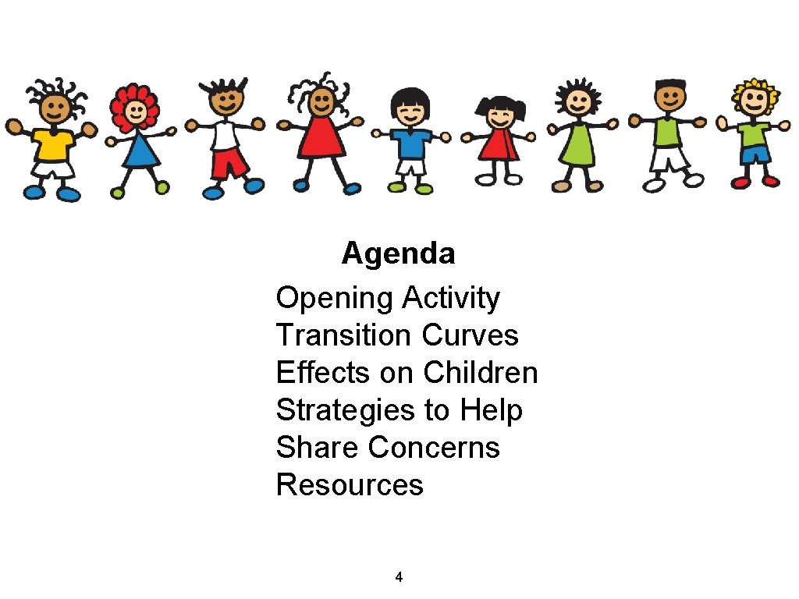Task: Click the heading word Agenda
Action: pyautogui.click(x=398, y=253)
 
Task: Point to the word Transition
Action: pyautogui.click(x=343, y=335)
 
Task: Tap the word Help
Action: pyautogui.click(x=491, y=410)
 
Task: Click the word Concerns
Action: pyautogui.click(x=434, y=448)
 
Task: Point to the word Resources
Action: pyautogui.click(x=350, y=485)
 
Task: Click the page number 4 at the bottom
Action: pyautogui.click(x=399, y=578)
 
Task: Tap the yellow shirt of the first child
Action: pyautogui.click(x=53, y=144)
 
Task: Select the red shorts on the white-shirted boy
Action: pyautogui.click(x=229, y=164)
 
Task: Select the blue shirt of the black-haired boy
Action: pyautogui.click(x=410, y=143)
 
